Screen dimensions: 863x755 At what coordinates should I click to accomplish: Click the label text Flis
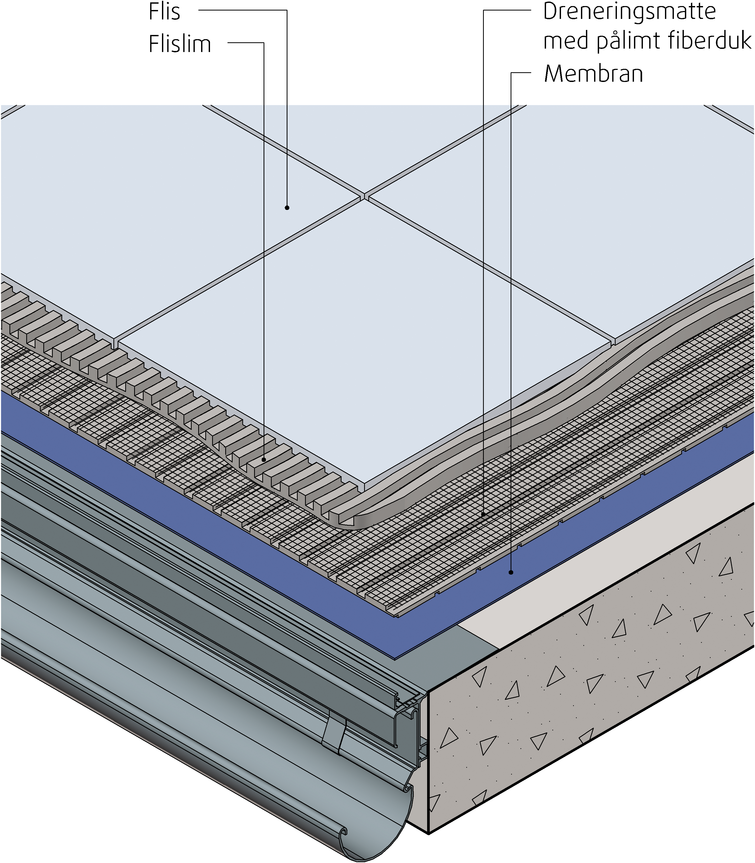pyautogui.click(x=164, y=12)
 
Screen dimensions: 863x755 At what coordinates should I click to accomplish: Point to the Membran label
pyautogui.click(x=593, y=74)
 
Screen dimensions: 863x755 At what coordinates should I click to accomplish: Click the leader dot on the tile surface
pyautogui.click(x=287, y=208)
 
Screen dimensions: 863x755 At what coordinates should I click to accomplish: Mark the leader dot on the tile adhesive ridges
pyautogui.click(x=264, y=459)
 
